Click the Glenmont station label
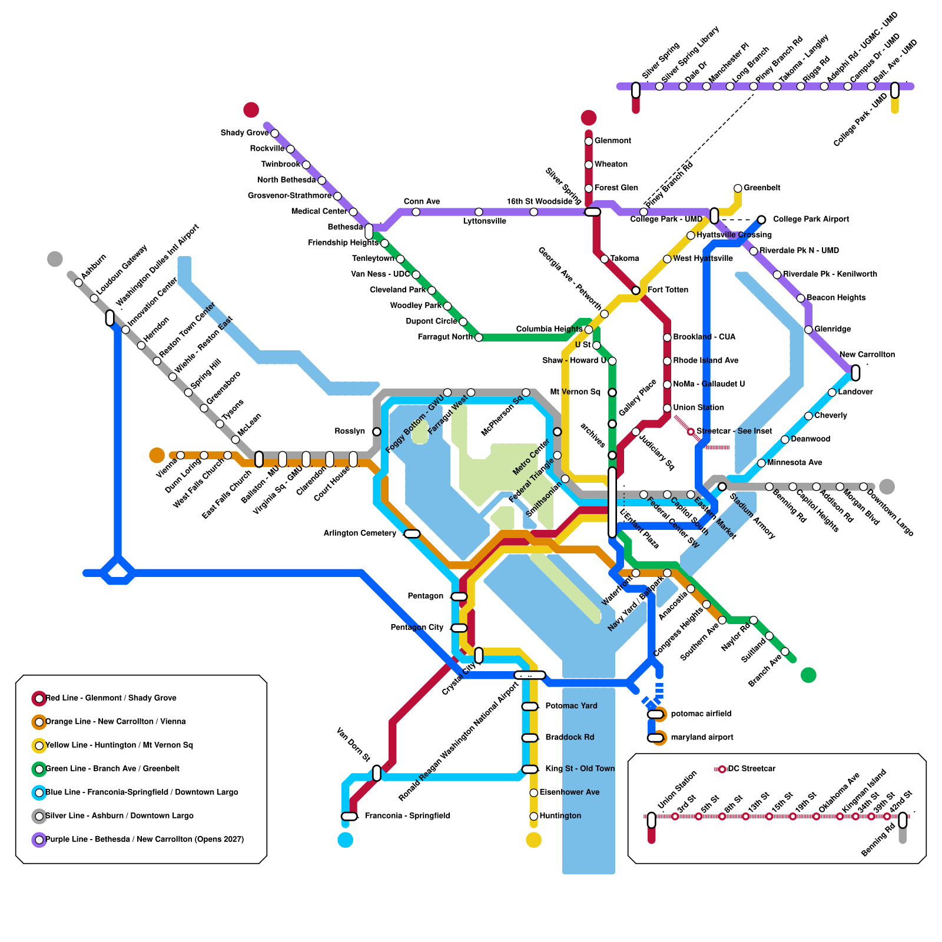[x=612, y=141]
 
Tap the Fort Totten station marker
[x=636, y=290]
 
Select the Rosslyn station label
[x=350, y=432]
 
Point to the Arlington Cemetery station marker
[x=412, y=533]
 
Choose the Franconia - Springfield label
[x=407, y=816]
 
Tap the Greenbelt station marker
[x=738, y=188]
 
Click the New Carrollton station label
[x=867, y=354]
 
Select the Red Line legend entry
[x=111, y=698]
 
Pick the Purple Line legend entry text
[x=144, y=840]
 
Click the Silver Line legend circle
[x=39, y=816]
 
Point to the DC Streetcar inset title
[x=751, y=769]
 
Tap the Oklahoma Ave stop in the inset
[x=817, y=817]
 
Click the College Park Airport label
[x=811, y=220]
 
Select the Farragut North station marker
[x=479, y=337]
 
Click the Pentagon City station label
[x=417, y=628]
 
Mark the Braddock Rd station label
[x=569, y=738]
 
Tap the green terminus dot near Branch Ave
[x=808, y=675]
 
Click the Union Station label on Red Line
[x=698, y=408]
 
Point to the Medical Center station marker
[x=353, y=212]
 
